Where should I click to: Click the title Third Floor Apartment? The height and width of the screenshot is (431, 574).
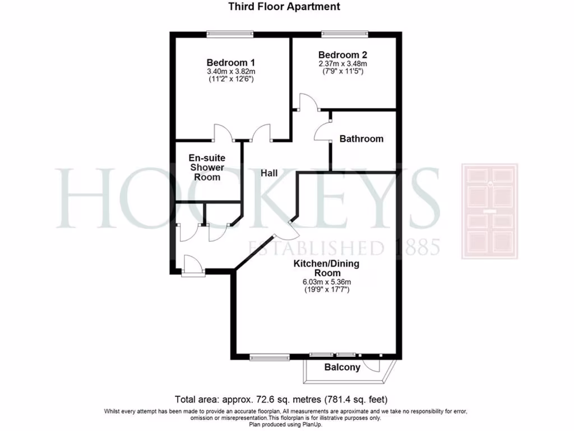point(284,7)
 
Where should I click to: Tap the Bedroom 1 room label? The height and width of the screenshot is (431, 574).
point(231,62)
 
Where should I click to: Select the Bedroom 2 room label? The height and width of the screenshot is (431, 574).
point(343,55)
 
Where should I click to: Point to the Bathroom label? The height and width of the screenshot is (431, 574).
point(362,139)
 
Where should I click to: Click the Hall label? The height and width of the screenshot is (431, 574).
point(270,173)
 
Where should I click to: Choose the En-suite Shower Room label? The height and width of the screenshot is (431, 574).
point(207,167)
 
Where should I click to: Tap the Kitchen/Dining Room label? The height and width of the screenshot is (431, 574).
point(326,268)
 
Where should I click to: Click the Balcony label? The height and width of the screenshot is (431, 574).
point(342,368)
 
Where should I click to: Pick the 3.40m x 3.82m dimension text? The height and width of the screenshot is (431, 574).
point(231,72)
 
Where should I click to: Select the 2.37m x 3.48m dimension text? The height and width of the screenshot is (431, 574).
point(343,64)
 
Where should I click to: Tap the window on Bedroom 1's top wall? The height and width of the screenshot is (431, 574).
point(229,34)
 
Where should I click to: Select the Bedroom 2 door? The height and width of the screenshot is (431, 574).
point(308,102)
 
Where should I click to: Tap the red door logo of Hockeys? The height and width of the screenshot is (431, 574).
point(489,211)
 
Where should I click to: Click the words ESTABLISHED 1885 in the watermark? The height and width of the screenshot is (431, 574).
point(344,247)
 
